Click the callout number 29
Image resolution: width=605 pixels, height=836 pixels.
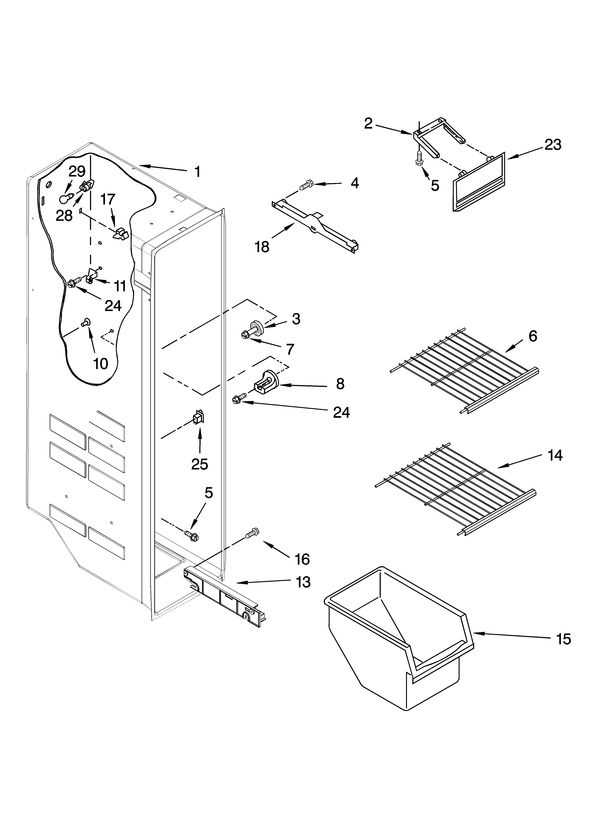tap(77, 171)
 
